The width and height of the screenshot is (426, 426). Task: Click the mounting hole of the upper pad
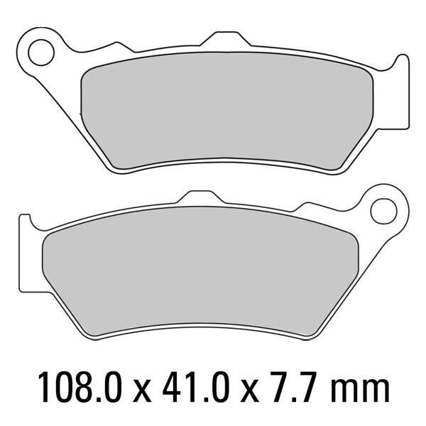click(41, 53)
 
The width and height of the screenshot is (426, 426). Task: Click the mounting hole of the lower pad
click(383, 211)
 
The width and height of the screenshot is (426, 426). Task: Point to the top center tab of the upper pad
click(226, 38)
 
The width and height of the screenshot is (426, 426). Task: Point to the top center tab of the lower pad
click(200, 197)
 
